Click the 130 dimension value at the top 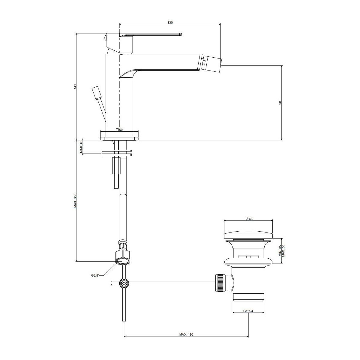(x=170, y=22)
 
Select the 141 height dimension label (x=75, y=87)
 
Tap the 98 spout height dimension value (x=280, y=103)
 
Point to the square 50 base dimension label (x=119, y=130)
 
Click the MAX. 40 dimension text (x=81, y=147)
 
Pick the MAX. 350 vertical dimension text (x=75, y=201)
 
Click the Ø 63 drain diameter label (x=249, y=219)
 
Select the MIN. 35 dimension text (x=280, y=251)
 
